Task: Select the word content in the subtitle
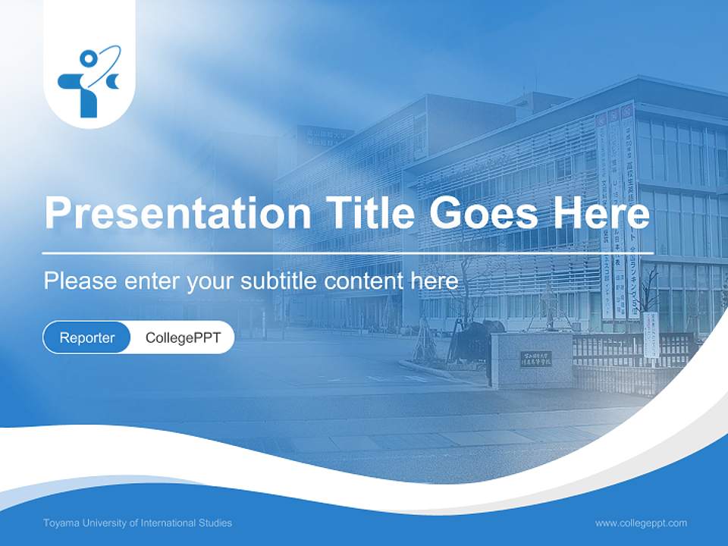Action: tap(363, 281)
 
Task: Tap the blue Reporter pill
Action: tap(87, 337)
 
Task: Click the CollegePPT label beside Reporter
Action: tap(182, 337)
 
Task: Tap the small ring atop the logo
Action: tap(89, 58)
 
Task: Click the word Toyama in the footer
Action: tap(60, 523)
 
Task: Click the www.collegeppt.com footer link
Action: tap(641, 523)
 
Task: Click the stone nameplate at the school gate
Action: tap(535, 359)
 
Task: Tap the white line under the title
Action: tap(348, 253)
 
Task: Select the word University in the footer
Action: tap(99, 523)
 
